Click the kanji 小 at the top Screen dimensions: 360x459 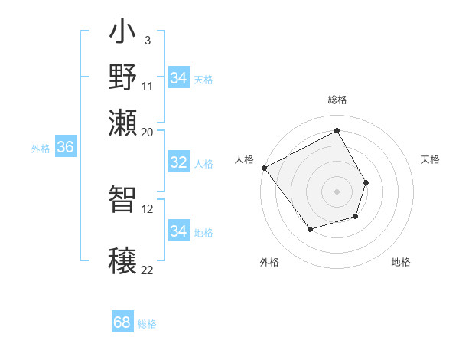pos(123,35)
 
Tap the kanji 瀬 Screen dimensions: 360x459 pos(123,124)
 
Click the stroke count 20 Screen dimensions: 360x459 pos(148,132)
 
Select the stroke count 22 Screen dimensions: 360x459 pos(148,270)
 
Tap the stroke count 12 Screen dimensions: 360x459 pos(148,208)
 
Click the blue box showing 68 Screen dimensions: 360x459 pos(122,322)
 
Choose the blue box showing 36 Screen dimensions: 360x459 pos(65,147)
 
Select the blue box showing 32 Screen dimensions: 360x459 pos(178,162)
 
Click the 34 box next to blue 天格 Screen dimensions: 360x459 pos(178,78)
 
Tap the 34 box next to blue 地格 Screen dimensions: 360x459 pos(178,231)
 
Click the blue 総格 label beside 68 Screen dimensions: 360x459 pos(147,324)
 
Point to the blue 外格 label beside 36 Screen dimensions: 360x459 pos(41,149)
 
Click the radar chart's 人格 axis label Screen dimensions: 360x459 pos(245,159)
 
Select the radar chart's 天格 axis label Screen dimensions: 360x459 pos(430,159)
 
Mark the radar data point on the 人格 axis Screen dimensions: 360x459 pos(264,168)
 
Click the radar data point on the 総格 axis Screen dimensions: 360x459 pos(337,130)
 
